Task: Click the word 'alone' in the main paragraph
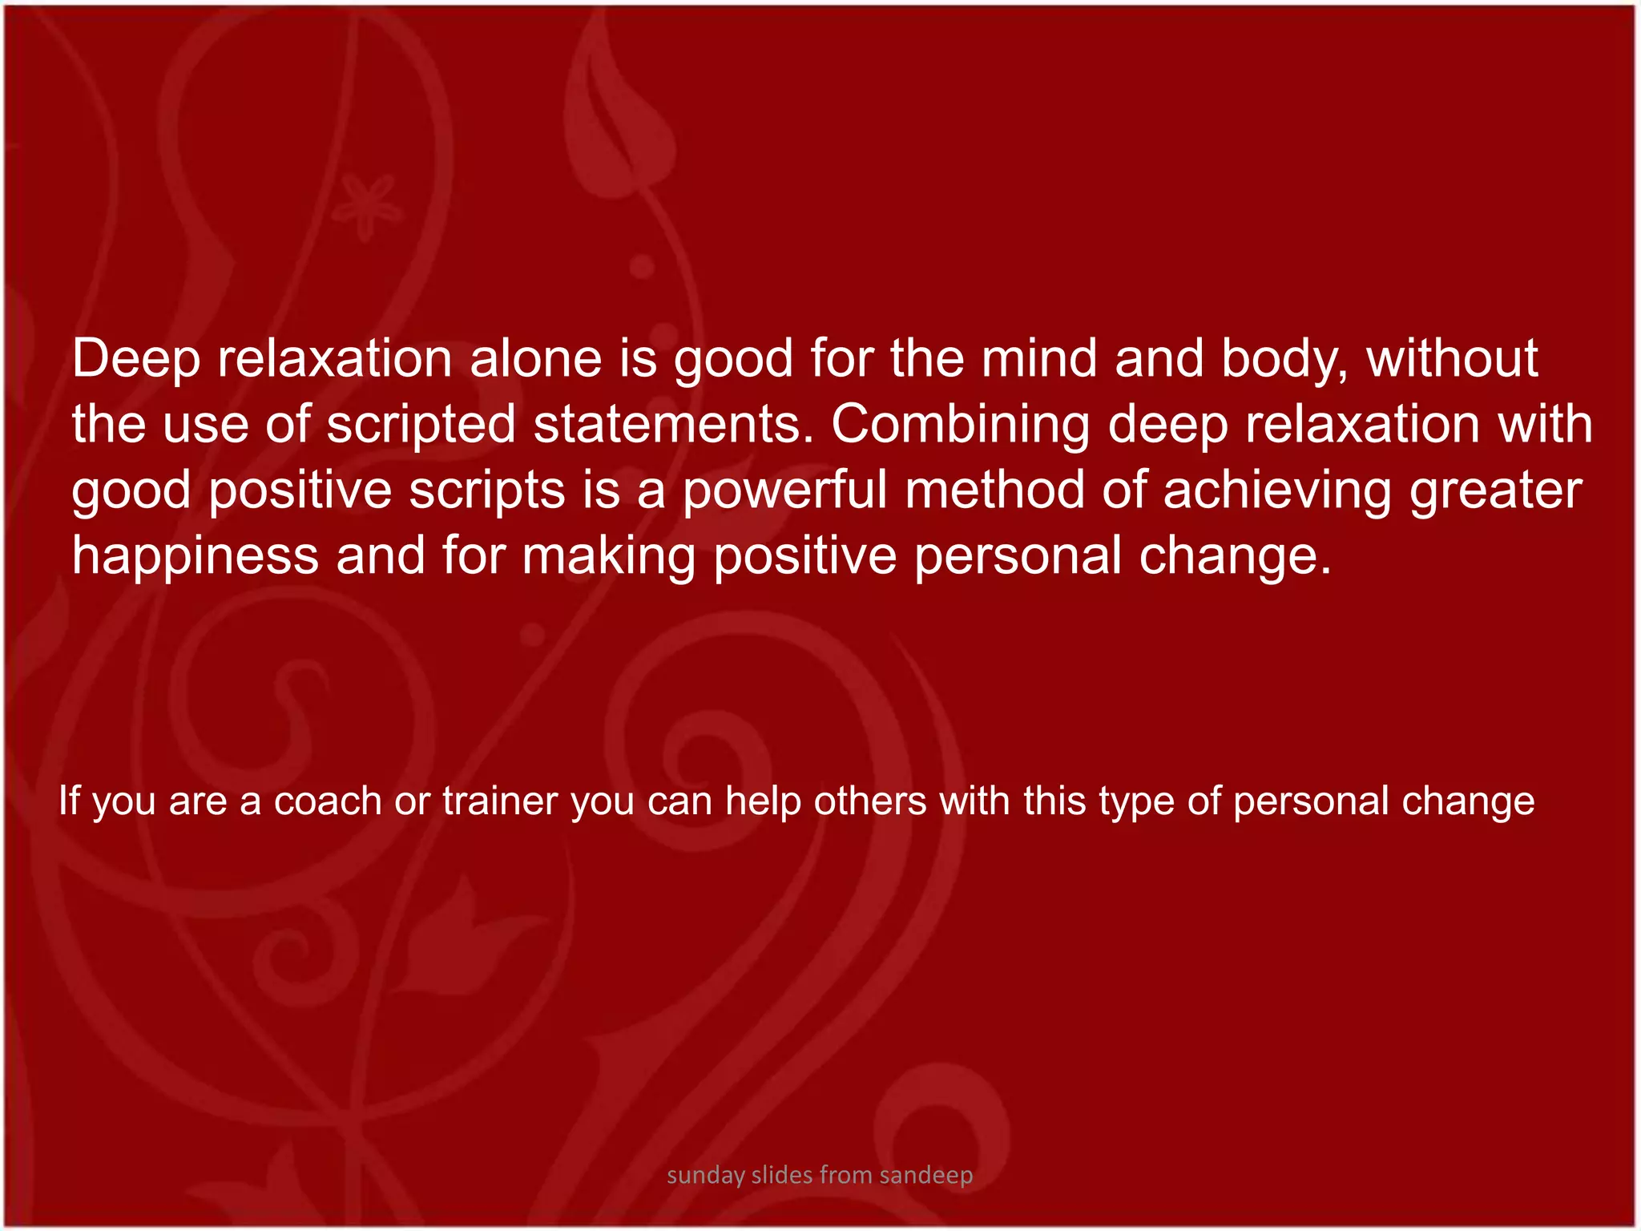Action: [x=535, y=358]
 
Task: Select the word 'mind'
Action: [x=1039, y=358]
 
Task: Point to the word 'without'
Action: [x=1452, y=358]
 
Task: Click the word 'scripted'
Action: [x=421, y=425]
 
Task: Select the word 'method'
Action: [x=994, y=490]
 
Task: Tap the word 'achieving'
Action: [x=1277, y=490]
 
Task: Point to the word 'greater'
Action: [x=1496, y=490]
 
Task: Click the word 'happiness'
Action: [x=196, y=556]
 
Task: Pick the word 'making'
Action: [x=609, y=556]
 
